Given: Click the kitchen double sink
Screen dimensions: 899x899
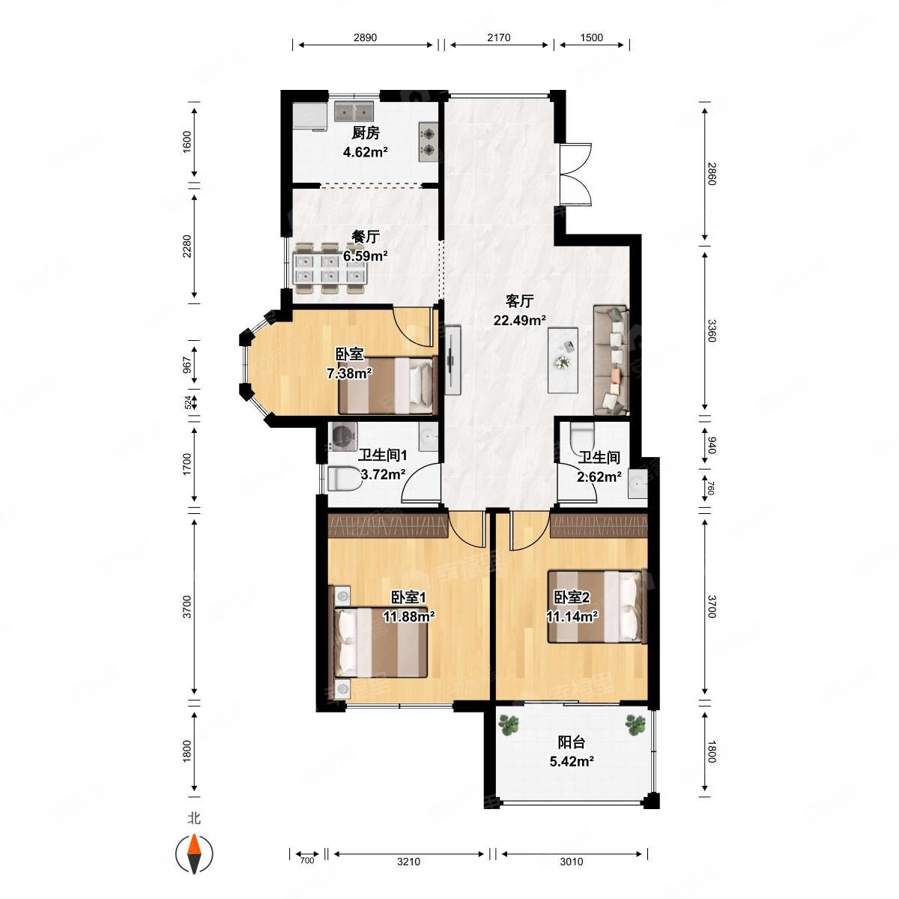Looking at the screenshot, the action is (354, 112).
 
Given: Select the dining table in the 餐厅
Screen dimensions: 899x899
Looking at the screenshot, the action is (330, 268).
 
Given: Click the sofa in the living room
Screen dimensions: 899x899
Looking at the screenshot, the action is (611, 360).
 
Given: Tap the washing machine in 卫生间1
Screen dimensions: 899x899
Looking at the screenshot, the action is (342, 437).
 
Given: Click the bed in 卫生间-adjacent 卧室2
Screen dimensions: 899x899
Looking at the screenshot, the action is (597, 607).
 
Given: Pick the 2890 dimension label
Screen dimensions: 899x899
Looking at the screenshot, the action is (365, 37).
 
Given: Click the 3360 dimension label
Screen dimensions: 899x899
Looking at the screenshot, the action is (710, 330).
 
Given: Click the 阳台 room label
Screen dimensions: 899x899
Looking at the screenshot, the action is (571, 742).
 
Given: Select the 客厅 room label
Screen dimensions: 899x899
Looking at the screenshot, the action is (519, 301).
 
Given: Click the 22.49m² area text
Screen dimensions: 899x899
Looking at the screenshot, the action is (520, 320).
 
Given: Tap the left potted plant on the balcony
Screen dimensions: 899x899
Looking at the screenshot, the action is (509, 724).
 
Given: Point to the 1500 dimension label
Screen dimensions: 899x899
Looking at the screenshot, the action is (592, 37).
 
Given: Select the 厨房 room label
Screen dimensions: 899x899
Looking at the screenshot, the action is (366, 133).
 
